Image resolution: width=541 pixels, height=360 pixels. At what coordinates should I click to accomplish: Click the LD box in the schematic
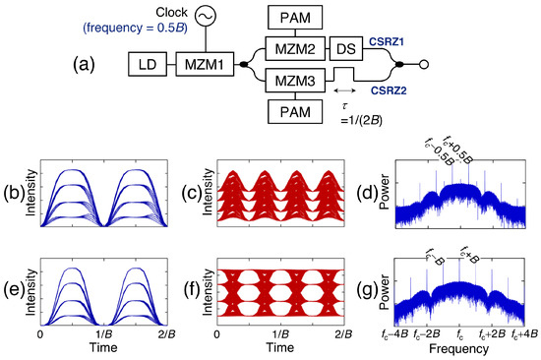tap(148, 67)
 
